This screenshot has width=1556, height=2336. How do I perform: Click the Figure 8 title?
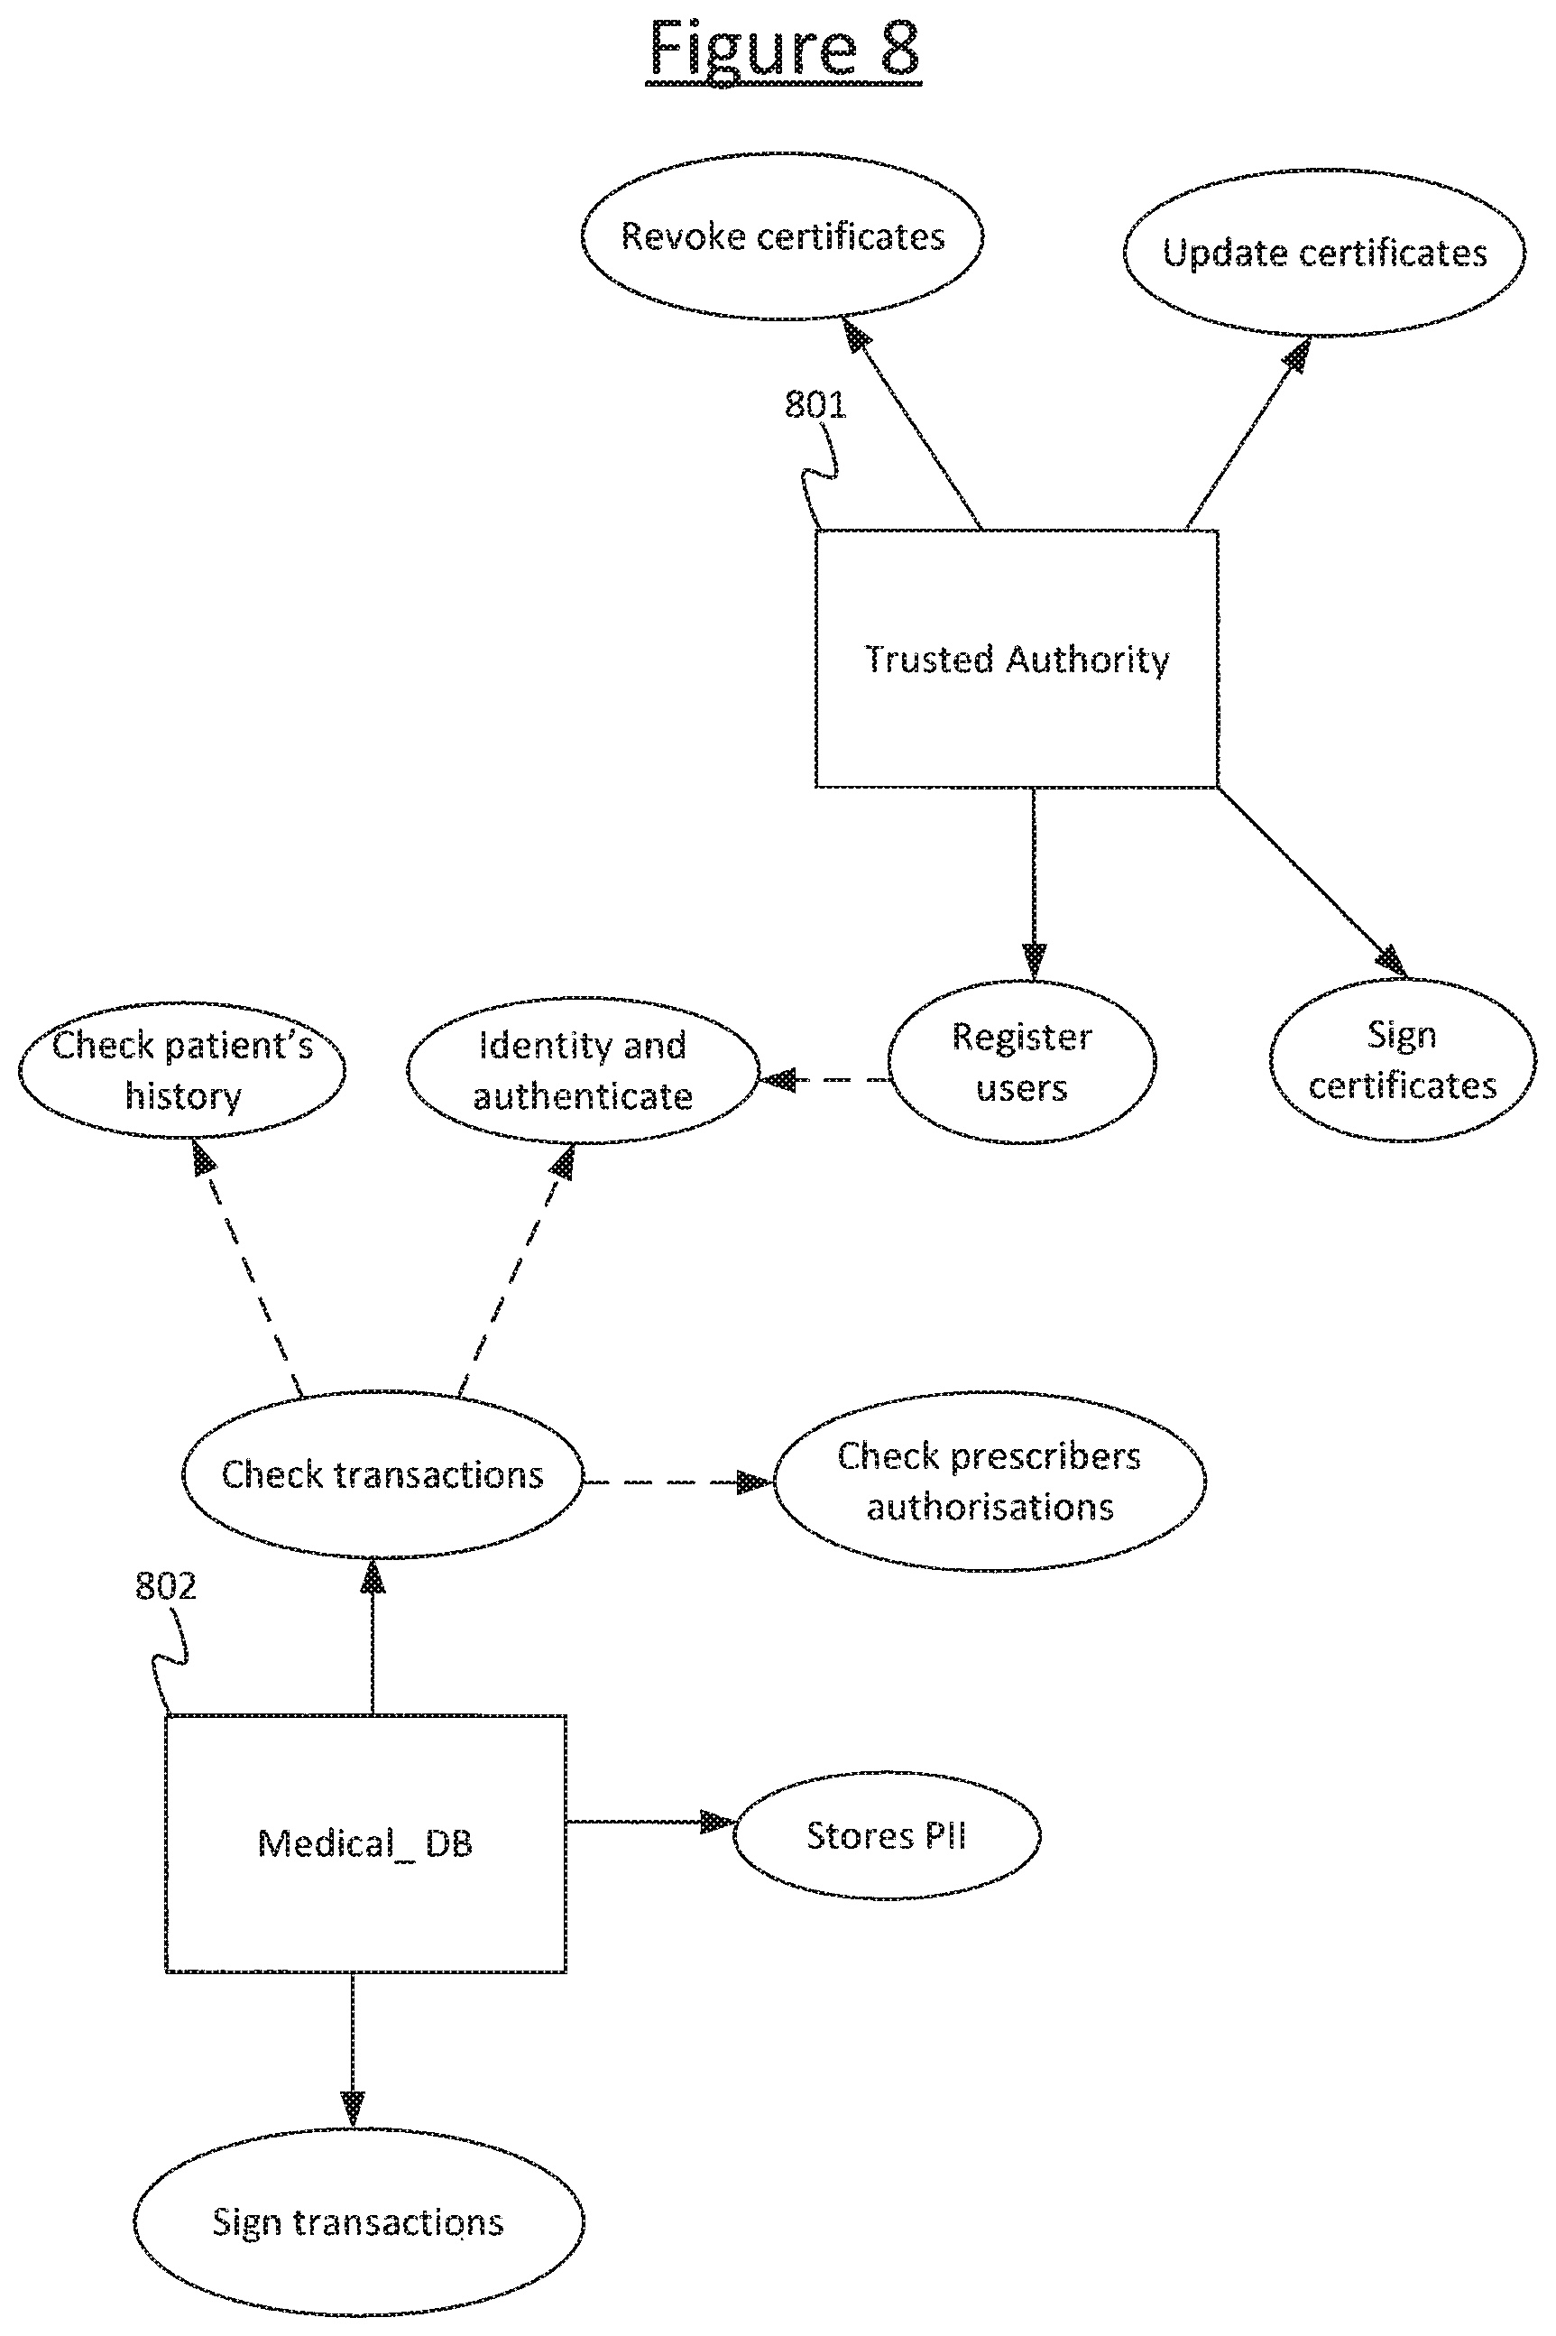pos(784,50)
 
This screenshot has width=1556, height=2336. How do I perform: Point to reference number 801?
pos(815,405)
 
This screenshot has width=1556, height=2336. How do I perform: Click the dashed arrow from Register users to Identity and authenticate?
pos(824,1079)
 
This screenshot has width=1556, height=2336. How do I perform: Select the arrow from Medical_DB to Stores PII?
pos(650,1822)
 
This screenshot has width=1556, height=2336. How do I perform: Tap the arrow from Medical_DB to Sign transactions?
pos(353,2050)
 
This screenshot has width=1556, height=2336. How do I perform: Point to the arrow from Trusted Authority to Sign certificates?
pos(1312,882)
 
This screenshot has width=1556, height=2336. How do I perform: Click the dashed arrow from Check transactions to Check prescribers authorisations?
pos(678,1482)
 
